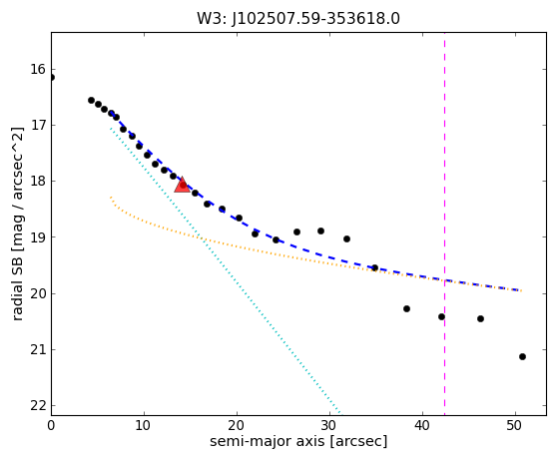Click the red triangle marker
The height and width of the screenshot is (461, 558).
182,185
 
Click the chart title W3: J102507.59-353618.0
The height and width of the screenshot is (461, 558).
298,19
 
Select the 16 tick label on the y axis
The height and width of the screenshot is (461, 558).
39,70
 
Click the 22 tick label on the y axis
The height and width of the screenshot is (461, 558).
39,406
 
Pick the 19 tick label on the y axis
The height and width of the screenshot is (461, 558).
39,237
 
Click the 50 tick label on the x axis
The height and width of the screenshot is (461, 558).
515,425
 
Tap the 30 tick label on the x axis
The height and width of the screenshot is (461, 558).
329,425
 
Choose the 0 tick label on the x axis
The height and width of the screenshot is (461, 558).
51,425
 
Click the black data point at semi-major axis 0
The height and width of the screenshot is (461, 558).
51,77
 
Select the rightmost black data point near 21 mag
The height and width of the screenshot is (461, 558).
522,356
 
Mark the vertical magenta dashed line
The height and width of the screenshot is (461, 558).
444,224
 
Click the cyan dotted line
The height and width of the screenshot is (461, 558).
226,271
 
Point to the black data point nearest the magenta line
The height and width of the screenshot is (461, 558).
441,316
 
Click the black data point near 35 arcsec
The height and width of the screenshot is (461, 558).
374,267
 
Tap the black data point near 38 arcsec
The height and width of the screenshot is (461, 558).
406,308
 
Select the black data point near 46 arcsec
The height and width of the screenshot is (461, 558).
480,318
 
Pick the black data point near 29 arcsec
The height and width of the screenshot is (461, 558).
320,230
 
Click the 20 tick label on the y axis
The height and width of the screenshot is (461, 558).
39,293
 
